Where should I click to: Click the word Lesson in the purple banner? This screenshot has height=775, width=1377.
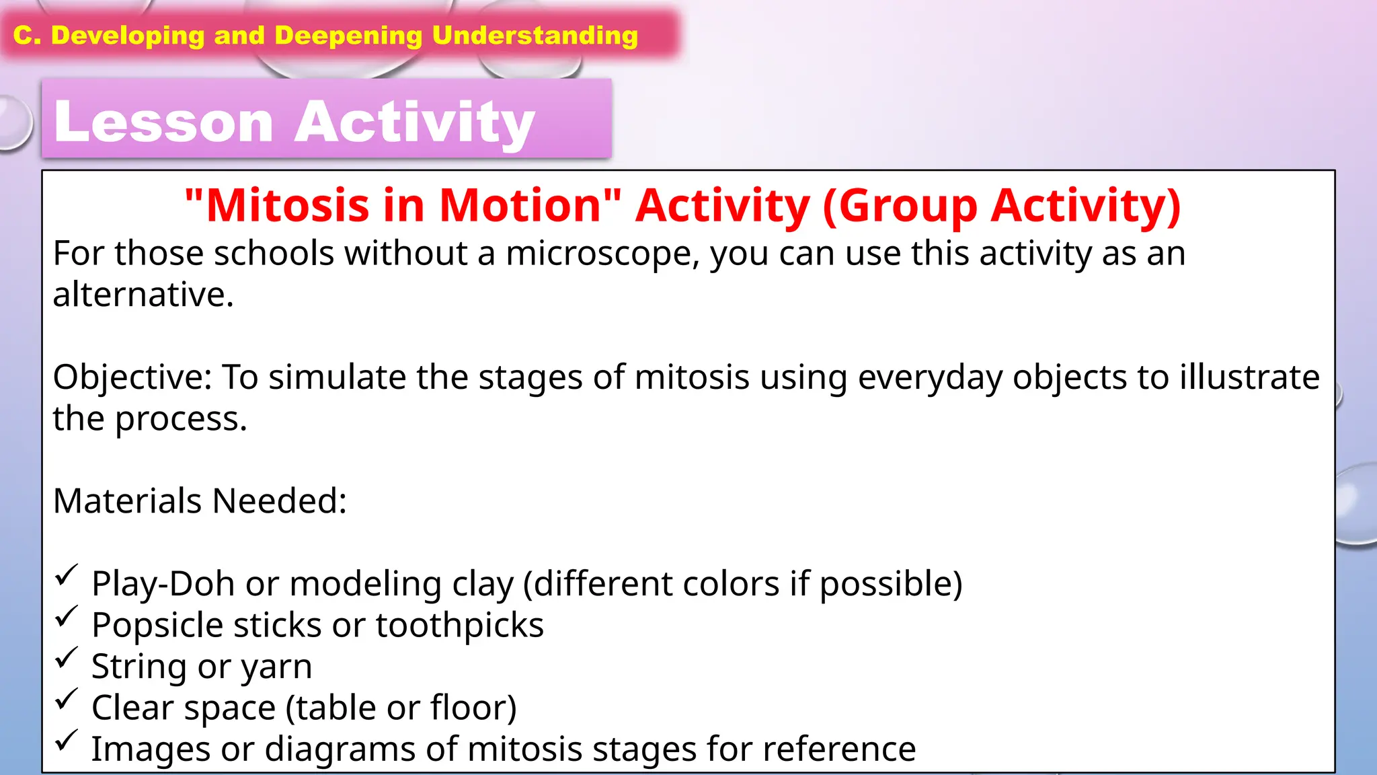click(x=163, y=122)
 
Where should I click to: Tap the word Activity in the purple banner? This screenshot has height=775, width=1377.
click(x=414, y=122)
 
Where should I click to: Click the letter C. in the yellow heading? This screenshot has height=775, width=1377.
click(x=27, y=35)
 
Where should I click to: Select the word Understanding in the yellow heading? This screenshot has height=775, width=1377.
click(x=535, y=35)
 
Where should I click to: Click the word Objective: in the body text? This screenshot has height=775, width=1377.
click(x=132, y=377)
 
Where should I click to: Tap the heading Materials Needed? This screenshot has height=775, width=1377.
click(x=200, y=501)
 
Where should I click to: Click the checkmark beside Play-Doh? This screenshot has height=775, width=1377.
click(x=67, y=575)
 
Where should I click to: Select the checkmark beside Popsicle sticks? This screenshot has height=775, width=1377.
click(x=67, y=616)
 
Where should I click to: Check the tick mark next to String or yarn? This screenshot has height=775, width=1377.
click(x=67, y=658)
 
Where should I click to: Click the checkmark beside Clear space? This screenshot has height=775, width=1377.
click(x=67, y=699)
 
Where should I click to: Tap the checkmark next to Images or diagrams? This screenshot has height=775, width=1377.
click(x=67, y=741)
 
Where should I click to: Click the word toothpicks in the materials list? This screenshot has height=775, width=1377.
click(x=459, y=626)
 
